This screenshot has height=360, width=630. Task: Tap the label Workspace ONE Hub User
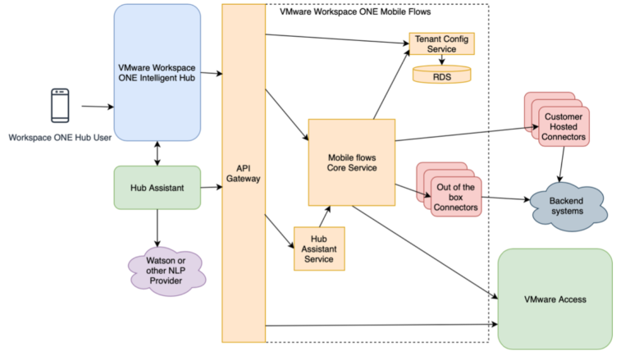59,137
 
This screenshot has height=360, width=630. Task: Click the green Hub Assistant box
156,187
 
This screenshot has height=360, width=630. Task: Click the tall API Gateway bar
244,172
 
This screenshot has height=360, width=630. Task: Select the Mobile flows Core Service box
351,162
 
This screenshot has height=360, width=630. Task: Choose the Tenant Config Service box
441,44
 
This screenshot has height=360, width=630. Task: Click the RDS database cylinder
441,75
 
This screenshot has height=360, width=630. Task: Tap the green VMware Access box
555,299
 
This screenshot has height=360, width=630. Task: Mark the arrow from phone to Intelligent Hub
97,107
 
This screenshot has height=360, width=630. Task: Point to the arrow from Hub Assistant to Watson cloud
157,226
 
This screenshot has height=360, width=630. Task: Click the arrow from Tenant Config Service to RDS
441,61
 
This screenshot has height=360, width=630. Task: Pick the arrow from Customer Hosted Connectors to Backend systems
561,164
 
